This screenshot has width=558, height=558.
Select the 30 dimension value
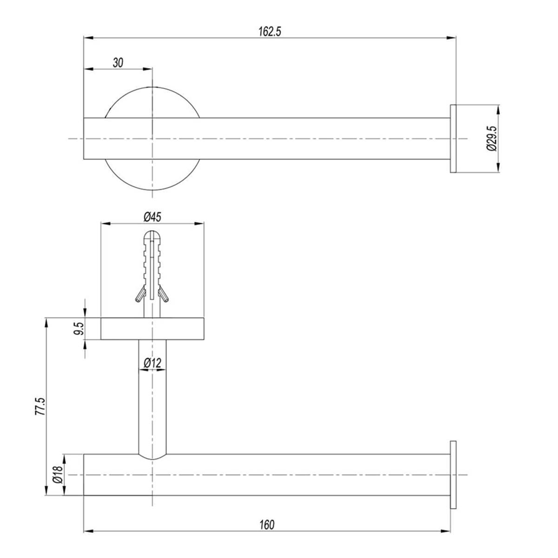[118, 63]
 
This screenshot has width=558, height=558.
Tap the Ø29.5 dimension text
[492, 139]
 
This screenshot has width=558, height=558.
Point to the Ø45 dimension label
[152, 217]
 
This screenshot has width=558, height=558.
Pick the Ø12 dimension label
[152, 363]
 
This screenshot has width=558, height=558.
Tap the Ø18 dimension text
[58, 475]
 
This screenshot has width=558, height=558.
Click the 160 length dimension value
[267, 525]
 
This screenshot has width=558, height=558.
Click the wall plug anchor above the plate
[152, 270]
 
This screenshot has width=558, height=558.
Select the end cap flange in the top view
[453, 139]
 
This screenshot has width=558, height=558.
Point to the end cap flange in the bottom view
[453, 475]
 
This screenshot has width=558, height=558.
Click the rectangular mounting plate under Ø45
[152, 329]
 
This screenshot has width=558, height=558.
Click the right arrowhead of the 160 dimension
[447, 531]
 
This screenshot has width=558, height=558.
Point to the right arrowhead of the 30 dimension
[148, 69]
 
